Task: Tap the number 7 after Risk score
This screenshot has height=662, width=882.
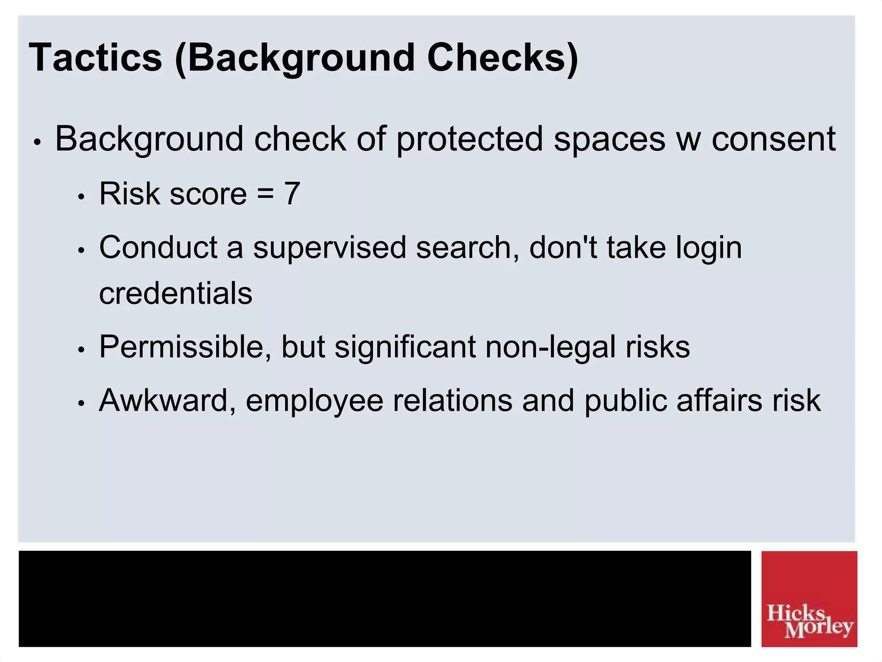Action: pos(292,194)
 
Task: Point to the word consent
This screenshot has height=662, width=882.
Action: pos(773,139)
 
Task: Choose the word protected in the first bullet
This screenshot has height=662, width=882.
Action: pos(469,139)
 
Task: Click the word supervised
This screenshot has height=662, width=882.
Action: pos(330,247)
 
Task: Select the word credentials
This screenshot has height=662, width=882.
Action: pos(176,294)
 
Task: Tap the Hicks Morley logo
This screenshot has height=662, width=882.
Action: pos(809,599)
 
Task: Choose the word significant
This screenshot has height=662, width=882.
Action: pos(405,347)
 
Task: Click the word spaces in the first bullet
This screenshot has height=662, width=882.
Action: pos(609,140)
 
